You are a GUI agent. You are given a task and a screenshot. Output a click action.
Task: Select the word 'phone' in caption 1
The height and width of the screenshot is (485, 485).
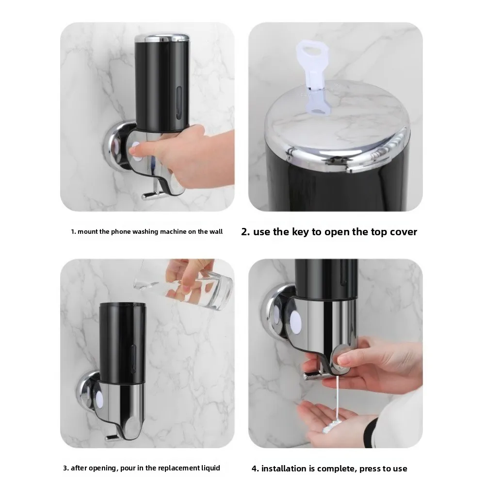(120, 232)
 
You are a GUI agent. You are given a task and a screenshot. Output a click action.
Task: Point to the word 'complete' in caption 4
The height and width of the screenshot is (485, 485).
(335, 469)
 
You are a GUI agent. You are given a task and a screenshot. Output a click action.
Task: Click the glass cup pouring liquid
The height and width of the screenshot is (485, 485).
(204, 286)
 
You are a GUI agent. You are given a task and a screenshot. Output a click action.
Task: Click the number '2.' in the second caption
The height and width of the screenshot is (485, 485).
(245, 232)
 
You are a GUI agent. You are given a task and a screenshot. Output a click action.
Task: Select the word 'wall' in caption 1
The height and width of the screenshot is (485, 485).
(216, 232)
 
